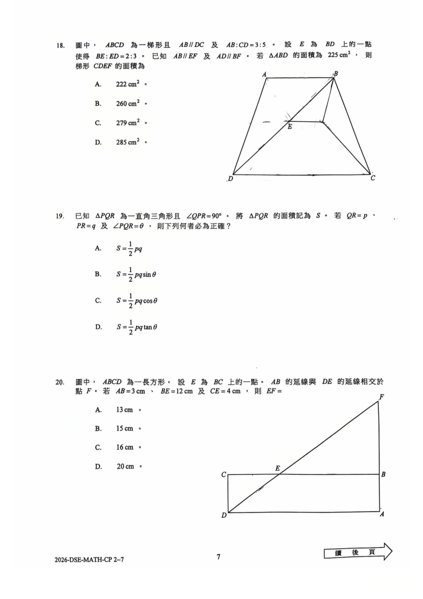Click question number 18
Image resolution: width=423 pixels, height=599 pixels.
(60, 45)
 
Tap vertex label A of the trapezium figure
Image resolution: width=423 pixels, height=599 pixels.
(264, 74)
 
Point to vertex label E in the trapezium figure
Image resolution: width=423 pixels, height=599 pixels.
(290, 127)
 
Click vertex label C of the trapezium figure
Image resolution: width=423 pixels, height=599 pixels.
(373, 178)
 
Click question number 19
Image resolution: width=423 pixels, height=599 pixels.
(60, 216)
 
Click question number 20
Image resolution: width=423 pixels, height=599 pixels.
(60, 382)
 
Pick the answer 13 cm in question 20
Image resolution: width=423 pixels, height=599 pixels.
(125, 410)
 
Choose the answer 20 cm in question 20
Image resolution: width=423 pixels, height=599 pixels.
(125, 466)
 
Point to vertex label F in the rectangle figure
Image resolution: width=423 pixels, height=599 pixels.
(381, 397)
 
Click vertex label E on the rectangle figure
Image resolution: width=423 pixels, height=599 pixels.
(278, 468)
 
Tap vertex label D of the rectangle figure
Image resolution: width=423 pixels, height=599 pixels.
(224, 515)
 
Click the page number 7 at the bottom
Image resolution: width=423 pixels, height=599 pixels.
(219, 557)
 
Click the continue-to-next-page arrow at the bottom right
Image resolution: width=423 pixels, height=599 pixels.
(358, 552)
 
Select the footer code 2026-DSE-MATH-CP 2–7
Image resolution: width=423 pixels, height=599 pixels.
(89, 559)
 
